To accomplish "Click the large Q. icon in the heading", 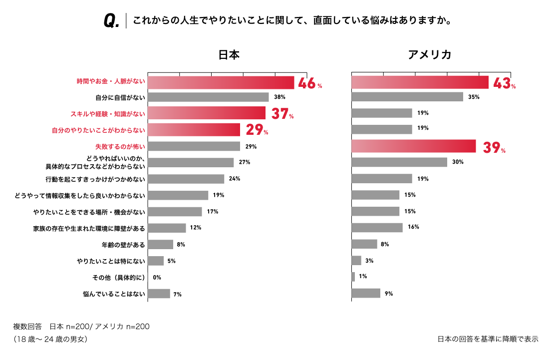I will click(x=111, y=21).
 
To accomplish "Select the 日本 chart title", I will click(x=229, y=55).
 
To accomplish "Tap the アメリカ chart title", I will click(x=429, y=55).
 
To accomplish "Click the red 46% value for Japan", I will click(x=309, y=83).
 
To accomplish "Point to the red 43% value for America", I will click(x=504, y=83).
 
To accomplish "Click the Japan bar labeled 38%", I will click(x=209, y=97).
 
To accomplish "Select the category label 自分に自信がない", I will click(x=120, y=97).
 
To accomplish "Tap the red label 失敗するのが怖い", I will click(x=120, y=147).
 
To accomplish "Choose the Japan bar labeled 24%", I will click(x=187, y=179).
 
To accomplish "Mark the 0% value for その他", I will click(x=157, y=278).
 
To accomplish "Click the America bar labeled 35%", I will click(x=407, y=97).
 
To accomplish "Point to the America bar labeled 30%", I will click(x=399, y=162).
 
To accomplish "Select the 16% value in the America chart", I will click(x=413, y=227).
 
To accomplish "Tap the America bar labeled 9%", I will click(x=366, y=294).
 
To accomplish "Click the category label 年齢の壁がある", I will click(x=123, y=245).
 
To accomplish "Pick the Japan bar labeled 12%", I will click(x=167, y=228).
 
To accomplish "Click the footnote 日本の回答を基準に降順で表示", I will click(x=488, y=339).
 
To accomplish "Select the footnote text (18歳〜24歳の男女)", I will click(x=50, y=339).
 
